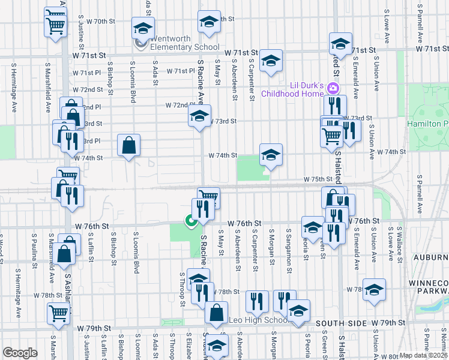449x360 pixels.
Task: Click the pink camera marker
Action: click(333, 89)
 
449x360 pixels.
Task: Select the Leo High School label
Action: click(259, 320)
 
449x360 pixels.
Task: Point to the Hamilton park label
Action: click(427, 123)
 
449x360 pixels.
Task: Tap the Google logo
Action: click(20, 353)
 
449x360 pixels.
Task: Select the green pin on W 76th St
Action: click(191, 222)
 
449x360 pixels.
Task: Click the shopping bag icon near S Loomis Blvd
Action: click(129, 145)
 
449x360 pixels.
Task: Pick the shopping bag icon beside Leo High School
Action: click(216, 313)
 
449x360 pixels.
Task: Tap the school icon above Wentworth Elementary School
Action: click(143, 28)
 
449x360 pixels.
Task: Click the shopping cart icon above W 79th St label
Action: click(59, 312)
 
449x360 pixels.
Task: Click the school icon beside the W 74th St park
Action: click(271, 155)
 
